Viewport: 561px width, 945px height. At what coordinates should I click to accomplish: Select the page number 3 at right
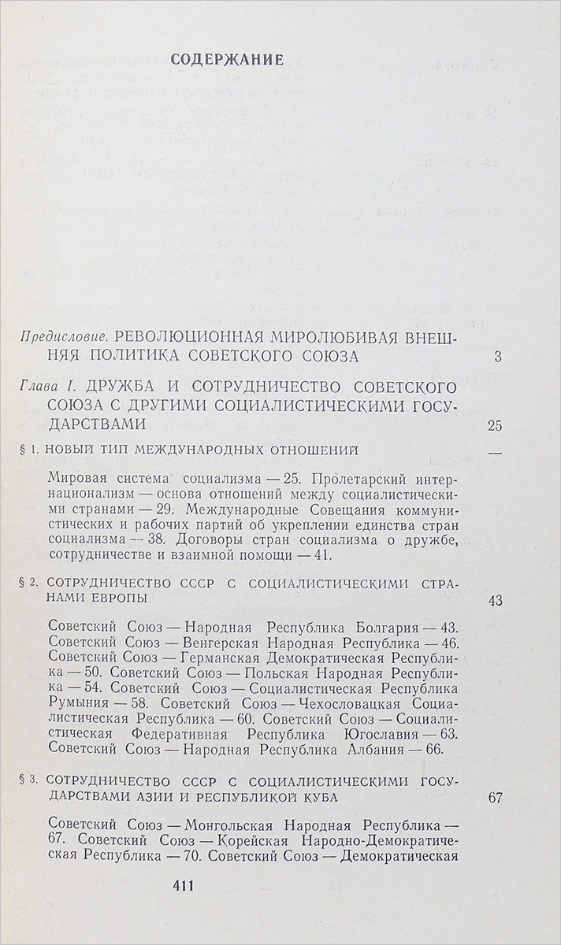pos(497,357)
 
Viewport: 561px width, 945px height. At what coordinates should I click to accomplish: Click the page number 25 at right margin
pos(494,426)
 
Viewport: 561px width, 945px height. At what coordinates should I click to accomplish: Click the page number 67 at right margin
pos(494,798)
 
